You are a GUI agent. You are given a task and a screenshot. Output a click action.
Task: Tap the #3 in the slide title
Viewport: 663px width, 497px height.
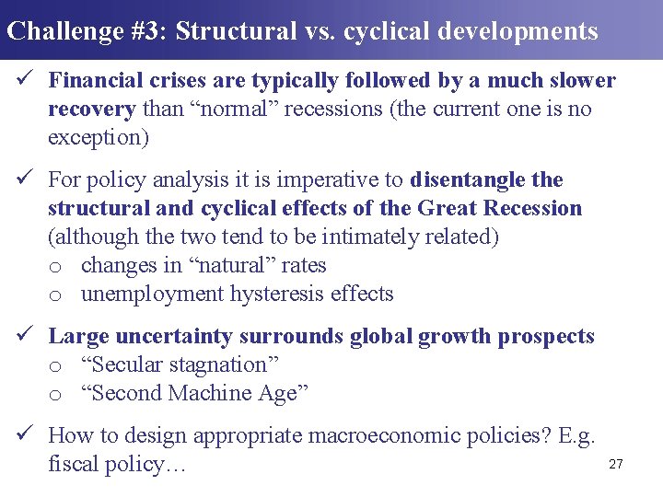tap(147, 31)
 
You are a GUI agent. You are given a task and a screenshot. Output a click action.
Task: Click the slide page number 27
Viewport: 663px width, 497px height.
tap(616, 465)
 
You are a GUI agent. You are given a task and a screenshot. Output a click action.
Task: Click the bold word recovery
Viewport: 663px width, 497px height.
tap(91, 110)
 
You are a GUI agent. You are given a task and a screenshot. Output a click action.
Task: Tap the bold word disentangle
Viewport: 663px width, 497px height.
tap(469, 179)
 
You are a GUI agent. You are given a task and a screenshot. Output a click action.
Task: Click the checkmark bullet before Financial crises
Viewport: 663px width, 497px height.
tap(27, 81)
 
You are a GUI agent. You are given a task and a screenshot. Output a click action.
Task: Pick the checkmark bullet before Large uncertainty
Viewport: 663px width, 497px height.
tap(27, 337)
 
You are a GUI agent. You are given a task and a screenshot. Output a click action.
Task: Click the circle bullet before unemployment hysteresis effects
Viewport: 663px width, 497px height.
tap(55, 295)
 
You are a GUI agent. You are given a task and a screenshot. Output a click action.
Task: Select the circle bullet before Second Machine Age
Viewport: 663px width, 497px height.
tap(55, 395)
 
